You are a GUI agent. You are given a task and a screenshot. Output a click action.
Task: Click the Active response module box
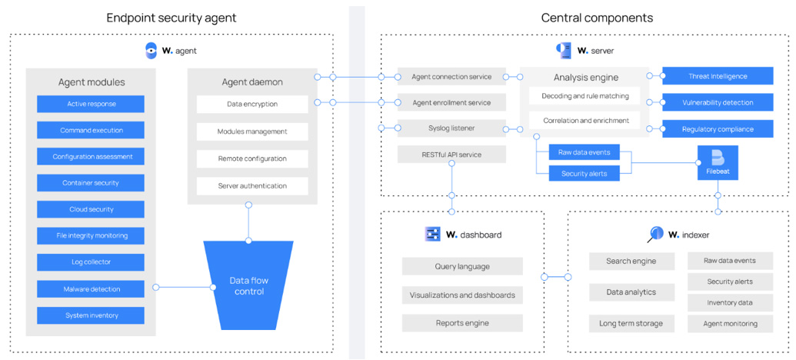tap(91, 104)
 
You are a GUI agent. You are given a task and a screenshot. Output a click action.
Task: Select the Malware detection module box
tap(91, 289)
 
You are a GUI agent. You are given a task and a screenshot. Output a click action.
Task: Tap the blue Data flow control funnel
tap(248, 285)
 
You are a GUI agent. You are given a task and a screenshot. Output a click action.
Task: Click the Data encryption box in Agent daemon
tap(252, 104)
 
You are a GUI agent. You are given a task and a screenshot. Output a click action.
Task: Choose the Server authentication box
tap(252, 185)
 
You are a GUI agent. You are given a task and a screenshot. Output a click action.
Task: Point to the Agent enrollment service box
tap(451, 102)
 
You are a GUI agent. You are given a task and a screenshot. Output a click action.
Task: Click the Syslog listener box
tap(451, 128)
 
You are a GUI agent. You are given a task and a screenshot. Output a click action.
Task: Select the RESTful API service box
tap(451, 155)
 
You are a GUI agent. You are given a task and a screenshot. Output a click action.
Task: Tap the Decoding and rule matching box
tap(586, 96)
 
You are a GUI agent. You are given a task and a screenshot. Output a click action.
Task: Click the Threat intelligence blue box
tap(717, 75)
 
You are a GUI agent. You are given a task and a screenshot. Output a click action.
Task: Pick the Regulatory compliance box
tap(717, 129)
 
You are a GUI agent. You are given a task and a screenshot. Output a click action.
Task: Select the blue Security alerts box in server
tap(585, 174)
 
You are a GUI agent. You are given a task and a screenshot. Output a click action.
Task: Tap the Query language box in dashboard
tap(462, 267)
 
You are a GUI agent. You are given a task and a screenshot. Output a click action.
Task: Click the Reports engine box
tap(462, 323)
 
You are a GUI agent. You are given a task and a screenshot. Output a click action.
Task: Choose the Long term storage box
tap(631, 323)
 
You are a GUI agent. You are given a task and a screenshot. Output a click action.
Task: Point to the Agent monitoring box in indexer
tap(730, 324)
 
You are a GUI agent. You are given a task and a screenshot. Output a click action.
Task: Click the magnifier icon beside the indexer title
tap(655, 234)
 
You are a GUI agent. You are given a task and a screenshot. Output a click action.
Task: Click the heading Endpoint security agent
tap(172, 18)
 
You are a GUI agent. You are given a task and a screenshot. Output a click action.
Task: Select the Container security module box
tap(91, 183)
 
